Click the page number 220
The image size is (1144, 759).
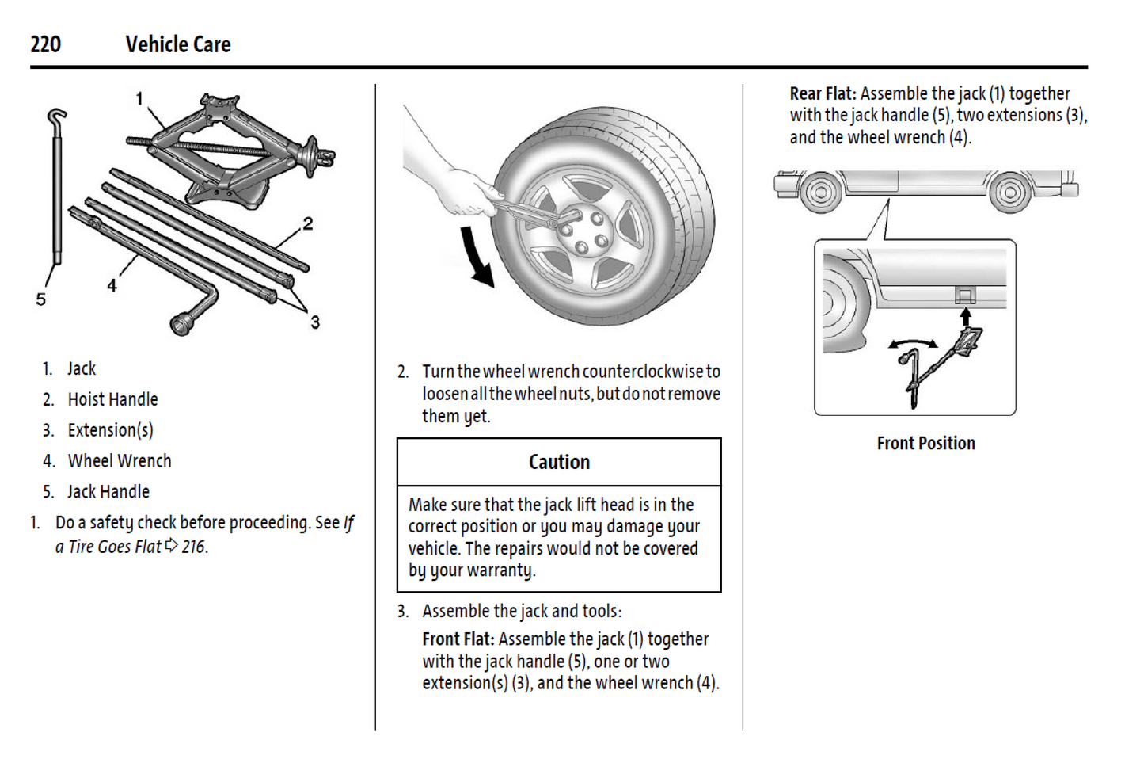tap(45, 44)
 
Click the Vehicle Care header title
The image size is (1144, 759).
tap(177, 44)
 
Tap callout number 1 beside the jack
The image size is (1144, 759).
tap(139, 99)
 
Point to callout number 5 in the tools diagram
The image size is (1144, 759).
tap(41, 299)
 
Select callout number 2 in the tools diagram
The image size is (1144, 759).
tap(307, 224)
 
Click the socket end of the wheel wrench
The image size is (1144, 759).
tap(183, 323)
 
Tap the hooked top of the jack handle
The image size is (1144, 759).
tap(56, 119)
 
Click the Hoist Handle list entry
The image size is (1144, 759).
tap(112, 399)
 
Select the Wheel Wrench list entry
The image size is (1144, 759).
tap(120, 461)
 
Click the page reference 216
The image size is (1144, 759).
tap(193, 547)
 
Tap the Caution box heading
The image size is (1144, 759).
tap(559, 462)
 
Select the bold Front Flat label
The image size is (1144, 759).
tap(458, 639)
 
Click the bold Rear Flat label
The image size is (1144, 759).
tap(823, 93)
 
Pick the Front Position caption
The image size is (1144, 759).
tap(925, 444)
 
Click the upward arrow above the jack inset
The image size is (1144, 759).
tap(965, 317)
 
